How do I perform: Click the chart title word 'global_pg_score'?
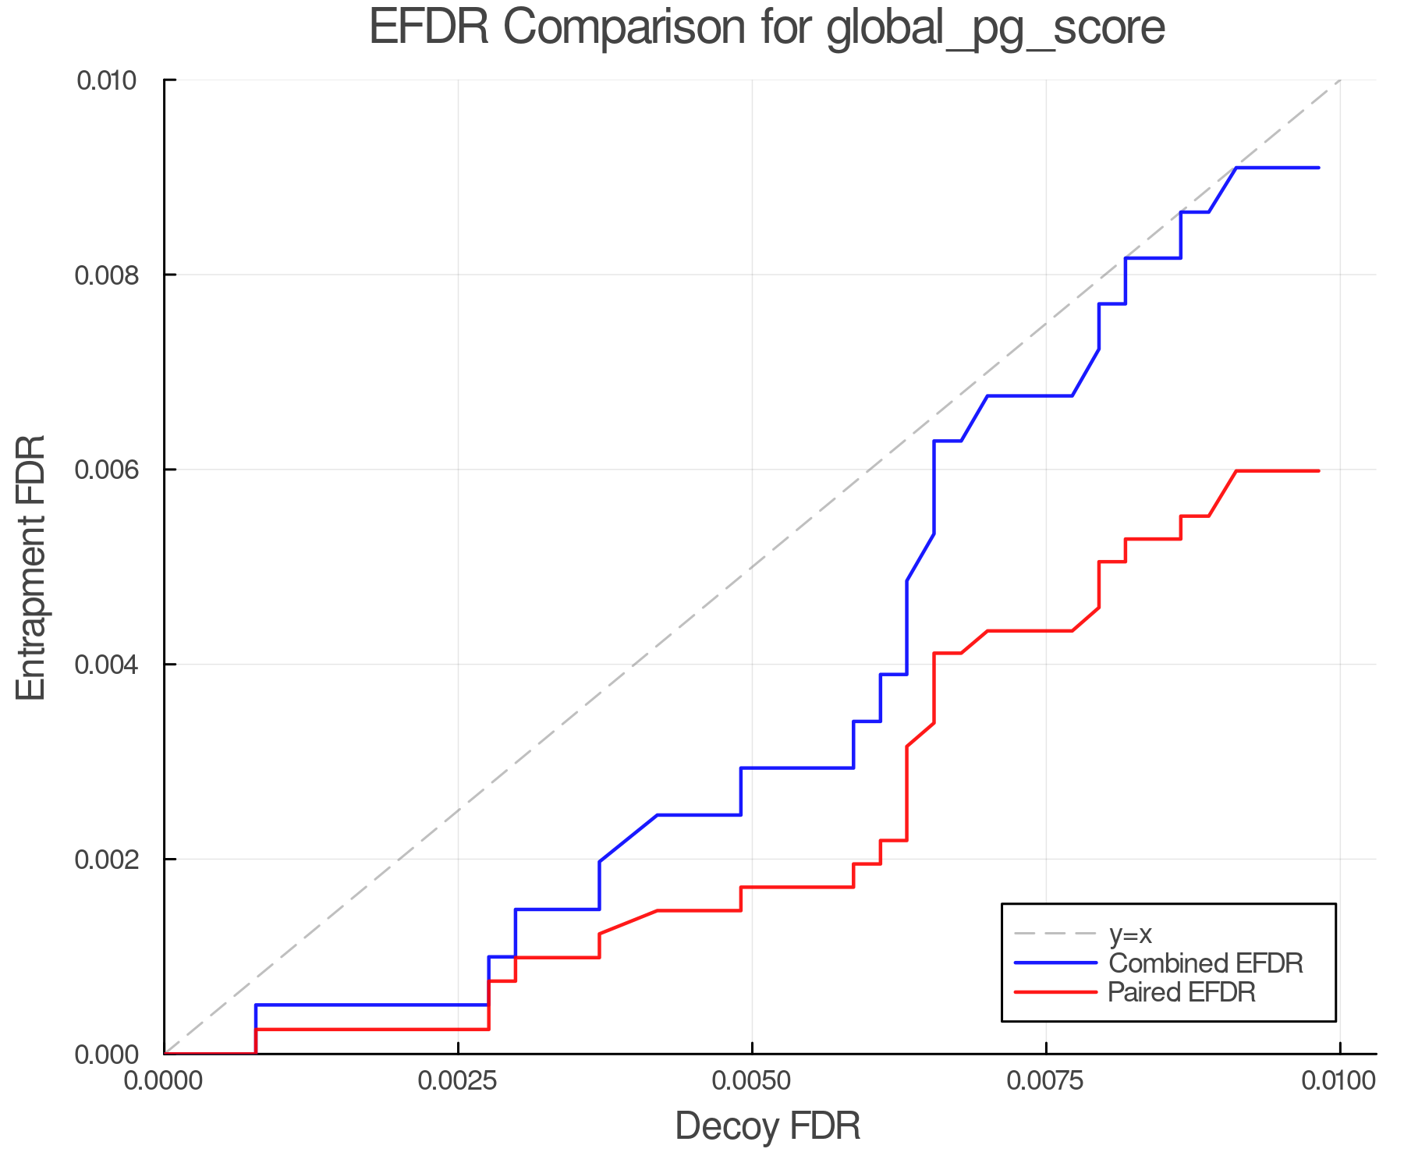click(x=995, y=28)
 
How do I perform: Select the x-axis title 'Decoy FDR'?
click(x=768, y=1126)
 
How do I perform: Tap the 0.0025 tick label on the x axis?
click(x=458, y=1081)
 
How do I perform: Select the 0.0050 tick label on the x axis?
click(x=752, y=1081)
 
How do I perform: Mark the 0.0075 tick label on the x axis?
click(x=1045, y=1081)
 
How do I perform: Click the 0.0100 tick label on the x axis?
click(x=1338, y=1081)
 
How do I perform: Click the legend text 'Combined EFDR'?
click(x=1206, y=963)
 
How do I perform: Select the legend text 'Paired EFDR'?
click(x=1182, y=992)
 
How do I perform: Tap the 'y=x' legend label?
click(x=1130, y=934)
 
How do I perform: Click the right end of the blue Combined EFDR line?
click(x=1318, y=168)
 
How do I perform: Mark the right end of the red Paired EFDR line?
click(x=1318, y=471)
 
